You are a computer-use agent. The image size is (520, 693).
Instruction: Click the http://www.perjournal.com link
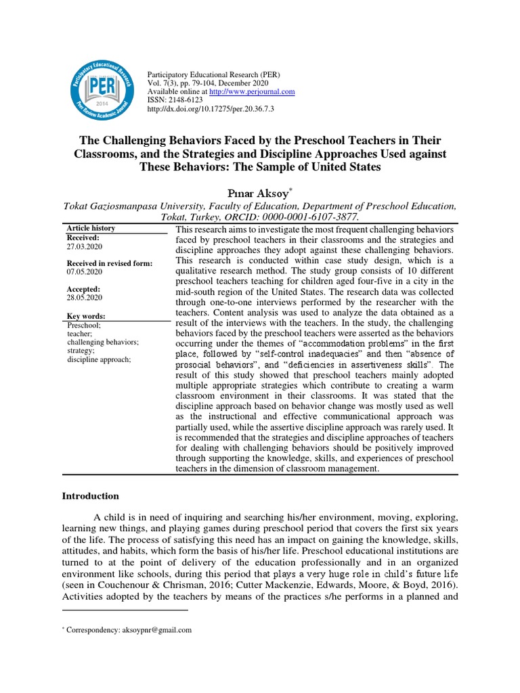point(252,91)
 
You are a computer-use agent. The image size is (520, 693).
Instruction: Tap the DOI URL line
point(210,108)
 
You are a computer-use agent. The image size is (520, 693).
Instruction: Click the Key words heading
point(86,316)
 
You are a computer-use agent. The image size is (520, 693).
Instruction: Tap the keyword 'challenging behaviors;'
point(103,342)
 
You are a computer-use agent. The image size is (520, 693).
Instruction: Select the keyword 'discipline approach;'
point(99,359)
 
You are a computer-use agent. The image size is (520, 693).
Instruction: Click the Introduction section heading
point(91,496)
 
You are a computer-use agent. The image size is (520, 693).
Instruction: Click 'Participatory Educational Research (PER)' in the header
point(213,74)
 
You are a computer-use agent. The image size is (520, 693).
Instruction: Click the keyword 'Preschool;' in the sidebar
point(83,326)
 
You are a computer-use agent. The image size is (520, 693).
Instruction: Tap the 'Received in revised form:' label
point(110,263)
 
